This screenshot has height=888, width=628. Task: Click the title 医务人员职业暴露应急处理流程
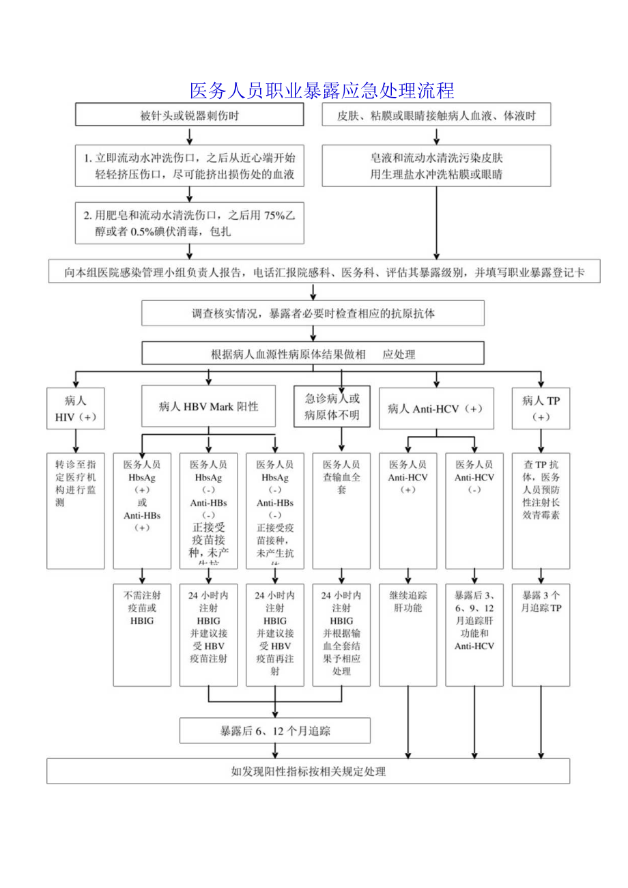[322, 90]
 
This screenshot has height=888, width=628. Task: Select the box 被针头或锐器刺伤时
[189, 116]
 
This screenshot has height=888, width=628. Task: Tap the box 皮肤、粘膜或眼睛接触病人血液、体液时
[436, 116]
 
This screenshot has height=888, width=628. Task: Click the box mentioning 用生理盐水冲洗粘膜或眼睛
[436, 166]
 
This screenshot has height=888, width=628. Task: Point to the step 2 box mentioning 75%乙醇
[189, 223]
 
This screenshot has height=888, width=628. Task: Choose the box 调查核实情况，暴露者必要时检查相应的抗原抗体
[313, 314]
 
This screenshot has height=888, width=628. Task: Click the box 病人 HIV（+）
[75, 408]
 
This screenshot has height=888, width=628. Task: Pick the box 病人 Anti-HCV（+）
[435, 408]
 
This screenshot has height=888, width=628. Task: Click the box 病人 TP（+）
[541, 408]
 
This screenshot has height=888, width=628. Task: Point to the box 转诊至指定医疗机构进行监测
[75, 510]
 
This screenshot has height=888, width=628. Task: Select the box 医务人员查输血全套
[341, 510]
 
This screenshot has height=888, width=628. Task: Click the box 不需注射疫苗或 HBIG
[142, 634]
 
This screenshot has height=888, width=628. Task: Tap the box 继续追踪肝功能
[408, 634]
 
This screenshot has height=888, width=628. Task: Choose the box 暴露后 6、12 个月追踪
[275, 731]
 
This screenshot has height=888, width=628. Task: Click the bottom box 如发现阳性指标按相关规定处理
[308, 772]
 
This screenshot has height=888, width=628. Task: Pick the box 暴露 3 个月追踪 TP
[541, 634]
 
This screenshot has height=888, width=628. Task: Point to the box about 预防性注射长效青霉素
[541, 510]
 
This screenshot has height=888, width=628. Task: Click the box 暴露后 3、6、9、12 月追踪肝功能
[474, 634]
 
